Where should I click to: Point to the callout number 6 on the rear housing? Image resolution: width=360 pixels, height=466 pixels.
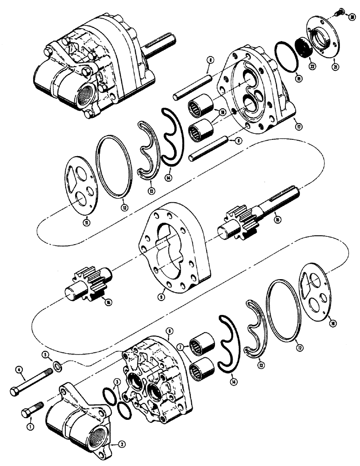pyautogui.click(x=169, y=330)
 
